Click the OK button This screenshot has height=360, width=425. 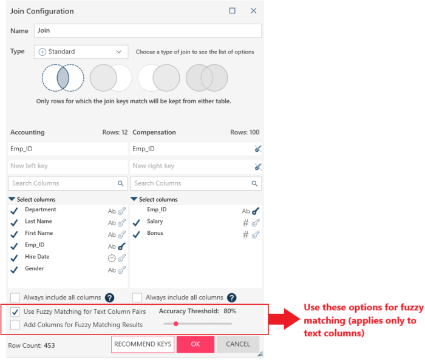[195, 344]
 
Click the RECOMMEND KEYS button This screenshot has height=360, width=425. [143, 344]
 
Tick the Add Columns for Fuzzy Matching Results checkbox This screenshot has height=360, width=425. [15, 325]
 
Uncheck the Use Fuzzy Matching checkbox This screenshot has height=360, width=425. [15, 312]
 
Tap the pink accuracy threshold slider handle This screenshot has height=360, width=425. [176, 324]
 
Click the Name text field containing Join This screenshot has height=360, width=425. [148, 30]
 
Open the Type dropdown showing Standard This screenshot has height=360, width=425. [81, 52]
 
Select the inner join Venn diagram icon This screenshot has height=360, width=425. [63, 78]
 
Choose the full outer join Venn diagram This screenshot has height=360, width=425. [207, 78]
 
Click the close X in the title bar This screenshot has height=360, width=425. [253, 10]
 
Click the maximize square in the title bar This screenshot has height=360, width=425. [233, 10]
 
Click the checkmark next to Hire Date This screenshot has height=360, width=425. [14, 258]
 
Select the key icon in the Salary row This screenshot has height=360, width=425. [256, 223]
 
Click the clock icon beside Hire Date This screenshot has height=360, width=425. [112, 258]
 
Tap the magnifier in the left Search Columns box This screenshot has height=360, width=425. [121, 183]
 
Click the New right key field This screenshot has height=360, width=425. [192, 166]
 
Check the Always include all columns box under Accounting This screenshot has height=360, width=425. [15, 297]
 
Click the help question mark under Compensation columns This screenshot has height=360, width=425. [232, 297]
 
